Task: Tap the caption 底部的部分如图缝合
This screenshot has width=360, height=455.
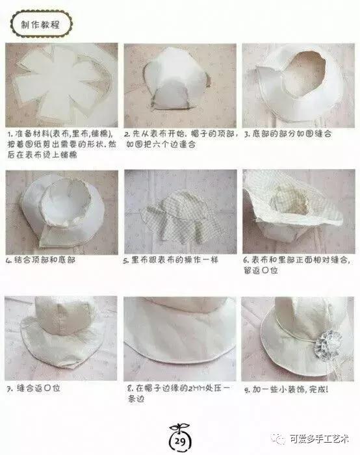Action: pyautogui.click(x=289, y=133)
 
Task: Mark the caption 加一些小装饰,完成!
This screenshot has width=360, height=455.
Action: pyautogui.click(x=287, y=389)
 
